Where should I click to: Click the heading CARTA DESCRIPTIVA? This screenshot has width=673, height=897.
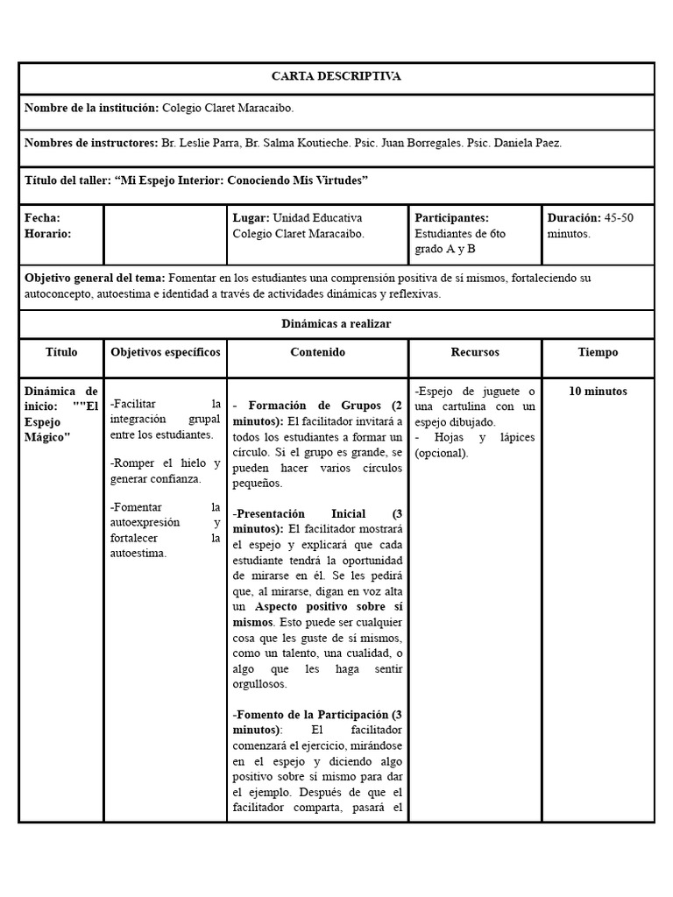(336, 76)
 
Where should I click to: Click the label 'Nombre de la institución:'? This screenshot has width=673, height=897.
(91, 108)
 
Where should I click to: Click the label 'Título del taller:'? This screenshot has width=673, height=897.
(67, 180)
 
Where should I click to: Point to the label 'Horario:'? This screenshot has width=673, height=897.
(48, 234)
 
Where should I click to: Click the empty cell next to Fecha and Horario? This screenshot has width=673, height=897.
(165, 234)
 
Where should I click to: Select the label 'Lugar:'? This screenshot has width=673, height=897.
(251, 217)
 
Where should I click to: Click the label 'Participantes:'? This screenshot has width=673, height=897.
(451, 217)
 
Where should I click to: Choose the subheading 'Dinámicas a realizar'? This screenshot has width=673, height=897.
(336, 323)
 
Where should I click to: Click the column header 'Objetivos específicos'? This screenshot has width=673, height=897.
(165, 352)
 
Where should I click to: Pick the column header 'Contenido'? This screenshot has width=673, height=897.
(317, 352)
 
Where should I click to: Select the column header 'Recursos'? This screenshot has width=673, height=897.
(475, 352)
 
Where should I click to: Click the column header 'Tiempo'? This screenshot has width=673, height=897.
(598, 352)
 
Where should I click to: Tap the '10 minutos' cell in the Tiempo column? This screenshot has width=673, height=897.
(598, 392)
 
